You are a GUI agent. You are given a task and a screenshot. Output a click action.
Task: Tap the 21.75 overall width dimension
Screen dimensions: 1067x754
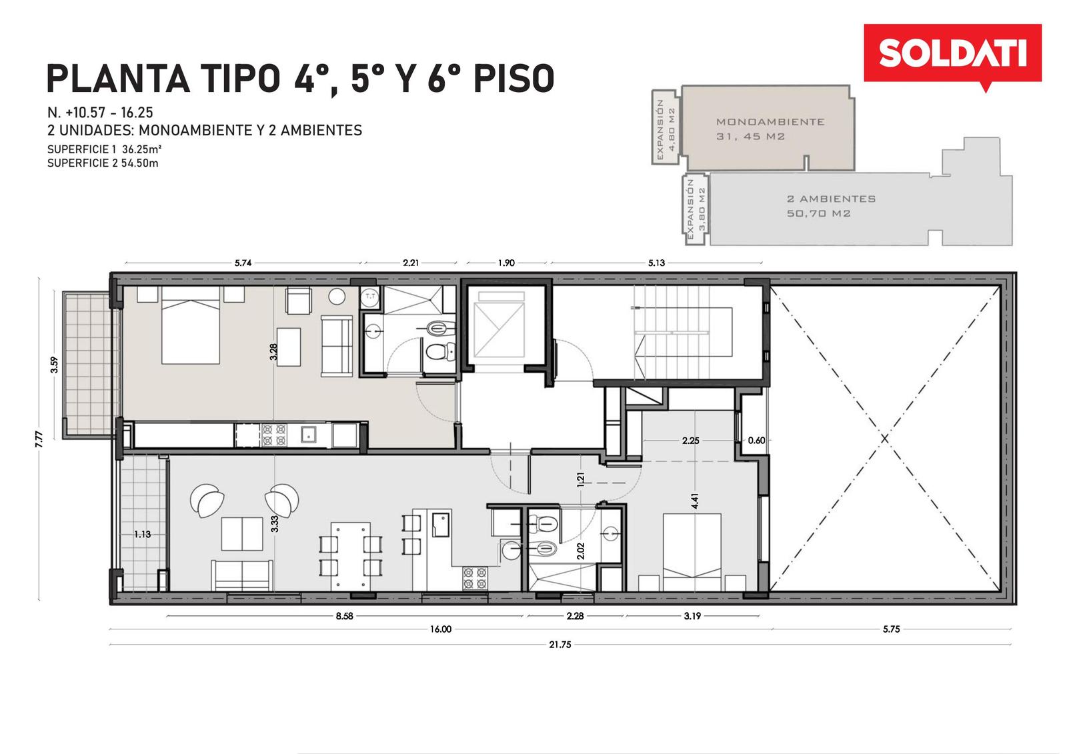(x=560, y=645)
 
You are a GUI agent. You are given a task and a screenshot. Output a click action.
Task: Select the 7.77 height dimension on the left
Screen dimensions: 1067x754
(x=39, y=439)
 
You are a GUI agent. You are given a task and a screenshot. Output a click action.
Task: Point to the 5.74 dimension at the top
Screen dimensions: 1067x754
(x=243, y=263)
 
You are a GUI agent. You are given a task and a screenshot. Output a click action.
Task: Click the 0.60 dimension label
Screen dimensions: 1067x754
(x=756, y=441)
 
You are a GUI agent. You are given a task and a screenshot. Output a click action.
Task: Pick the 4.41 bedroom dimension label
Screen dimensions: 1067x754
(x=696, y=501)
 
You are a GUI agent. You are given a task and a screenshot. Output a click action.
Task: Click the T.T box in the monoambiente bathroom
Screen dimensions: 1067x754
(x=370, y=297)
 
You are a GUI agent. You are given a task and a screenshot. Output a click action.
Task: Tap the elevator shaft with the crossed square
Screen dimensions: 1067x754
(x=499, y=329)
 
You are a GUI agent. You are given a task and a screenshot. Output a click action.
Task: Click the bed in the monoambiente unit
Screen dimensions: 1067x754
(x=191, y=325)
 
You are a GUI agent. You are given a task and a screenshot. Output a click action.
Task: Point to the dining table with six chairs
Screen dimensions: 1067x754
(x=351, y=556)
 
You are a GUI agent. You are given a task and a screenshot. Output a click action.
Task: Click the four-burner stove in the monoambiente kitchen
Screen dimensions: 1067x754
(x=274, y=435)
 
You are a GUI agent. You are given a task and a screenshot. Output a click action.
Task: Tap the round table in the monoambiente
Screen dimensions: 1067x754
(x=337, y=297)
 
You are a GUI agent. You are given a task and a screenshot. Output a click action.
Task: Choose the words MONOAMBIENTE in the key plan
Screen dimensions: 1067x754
(x=770, y=122)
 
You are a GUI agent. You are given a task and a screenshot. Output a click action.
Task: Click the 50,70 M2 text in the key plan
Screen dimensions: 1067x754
(x=818, y=213)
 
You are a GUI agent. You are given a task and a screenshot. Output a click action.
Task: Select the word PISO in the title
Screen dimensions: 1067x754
(x=514, y=79)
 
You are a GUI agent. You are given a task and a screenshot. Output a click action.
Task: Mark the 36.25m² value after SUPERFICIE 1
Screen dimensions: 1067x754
(x=141, y=149)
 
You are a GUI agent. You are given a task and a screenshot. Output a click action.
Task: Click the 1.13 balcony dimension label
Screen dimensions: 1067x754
(x=143, y=535)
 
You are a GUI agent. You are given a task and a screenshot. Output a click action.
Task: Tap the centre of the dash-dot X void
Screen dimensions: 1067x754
(x=884, y=438)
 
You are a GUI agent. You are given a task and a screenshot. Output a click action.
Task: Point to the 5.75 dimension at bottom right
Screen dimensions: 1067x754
(x=891, y=629)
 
